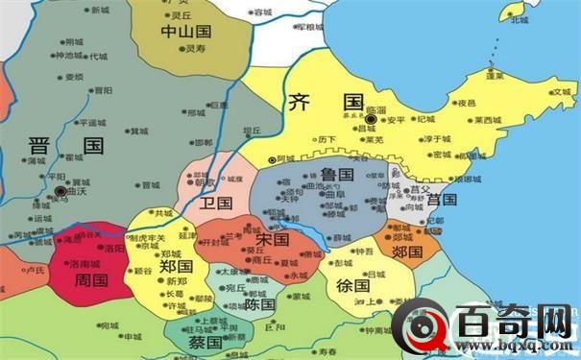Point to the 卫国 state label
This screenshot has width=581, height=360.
coord(218,203)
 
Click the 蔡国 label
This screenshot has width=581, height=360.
coord(205,342)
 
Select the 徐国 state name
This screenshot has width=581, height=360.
coord(353,285)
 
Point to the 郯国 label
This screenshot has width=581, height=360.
coord(407,255)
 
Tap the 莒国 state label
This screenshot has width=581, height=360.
coord(442,200)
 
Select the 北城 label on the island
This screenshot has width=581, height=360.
coord(520,19)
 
